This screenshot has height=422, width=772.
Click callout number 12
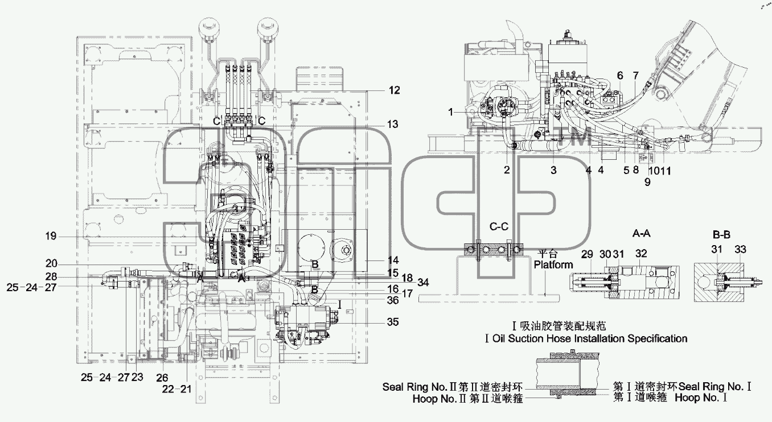[x=395, y=90]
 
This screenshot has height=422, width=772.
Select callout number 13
[x=393, y=124]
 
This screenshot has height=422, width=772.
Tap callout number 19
[x=51, y=236]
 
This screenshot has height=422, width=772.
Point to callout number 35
[x=393, y=322]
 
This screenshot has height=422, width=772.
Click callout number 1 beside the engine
[x=450, y=112]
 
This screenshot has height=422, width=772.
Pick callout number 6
[x=620, y=76]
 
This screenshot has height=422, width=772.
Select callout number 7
[x=636, y=76]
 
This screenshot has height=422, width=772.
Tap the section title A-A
[x=642, y=234]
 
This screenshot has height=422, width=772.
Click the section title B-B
[x=721, y=235]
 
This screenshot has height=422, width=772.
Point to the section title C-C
[x=499, y=226]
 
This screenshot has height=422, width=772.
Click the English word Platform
[x=553, y=264]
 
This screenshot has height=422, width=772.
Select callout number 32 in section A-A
[x=641, y=254]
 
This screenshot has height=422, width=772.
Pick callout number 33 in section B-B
[x=740, y=249]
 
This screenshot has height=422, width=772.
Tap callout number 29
[x=587, y=254]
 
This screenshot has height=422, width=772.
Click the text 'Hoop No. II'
[x=440, y=399]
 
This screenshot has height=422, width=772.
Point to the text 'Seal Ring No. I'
[x=714, y=387]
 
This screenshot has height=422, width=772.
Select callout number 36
[x=393, y=300]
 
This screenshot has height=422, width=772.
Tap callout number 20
[x=51, y=264]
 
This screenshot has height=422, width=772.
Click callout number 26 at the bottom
[x=162, y=378]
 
